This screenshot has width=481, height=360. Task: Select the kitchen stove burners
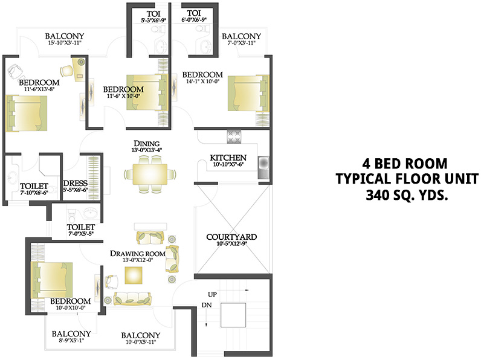tap(233, 135)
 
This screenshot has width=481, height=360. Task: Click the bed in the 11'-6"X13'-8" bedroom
tap(25, 113)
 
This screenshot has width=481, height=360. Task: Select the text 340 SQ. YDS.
tap(408, 195)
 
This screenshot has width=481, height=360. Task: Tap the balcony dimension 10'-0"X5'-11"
tap(140, 342)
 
